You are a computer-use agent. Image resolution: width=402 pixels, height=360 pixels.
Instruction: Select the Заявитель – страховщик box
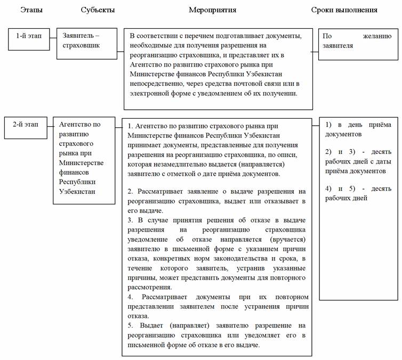86,41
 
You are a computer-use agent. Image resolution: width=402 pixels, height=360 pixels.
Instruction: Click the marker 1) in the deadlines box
329,125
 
